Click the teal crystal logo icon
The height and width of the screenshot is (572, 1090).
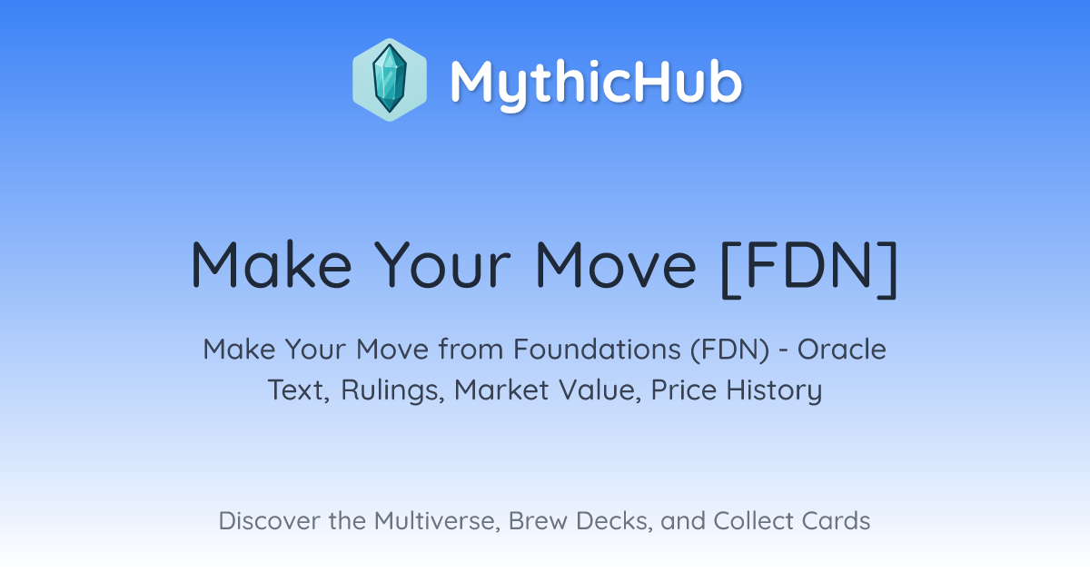tap(390, 80)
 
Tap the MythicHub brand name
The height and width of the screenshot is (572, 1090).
tap(596, 83)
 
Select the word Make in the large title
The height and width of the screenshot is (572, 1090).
tap(271, 264)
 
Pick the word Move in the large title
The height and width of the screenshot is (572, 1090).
tap(616, 264)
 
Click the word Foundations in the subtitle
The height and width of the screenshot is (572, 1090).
tap(597, 350)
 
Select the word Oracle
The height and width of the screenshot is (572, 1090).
tap(842, 350)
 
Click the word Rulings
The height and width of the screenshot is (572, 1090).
tap(392, 390)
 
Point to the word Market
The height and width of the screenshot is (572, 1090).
tap(501, 390)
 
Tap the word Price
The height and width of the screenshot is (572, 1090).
tap(684, 390)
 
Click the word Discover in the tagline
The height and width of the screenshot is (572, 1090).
tap(269, 521)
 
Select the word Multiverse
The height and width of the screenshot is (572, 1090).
tap(437, 521)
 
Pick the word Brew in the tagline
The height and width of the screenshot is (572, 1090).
tap(538, 521)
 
